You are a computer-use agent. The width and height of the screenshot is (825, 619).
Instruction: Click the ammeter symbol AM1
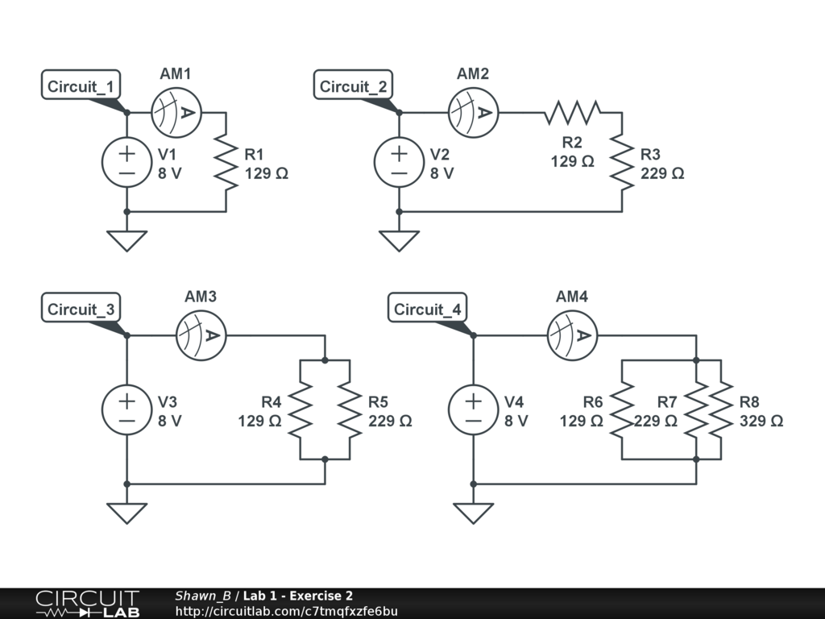tap(176, 112)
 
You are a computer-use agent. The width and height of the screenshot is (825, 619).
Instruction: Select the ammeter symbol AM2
tap(473, 112)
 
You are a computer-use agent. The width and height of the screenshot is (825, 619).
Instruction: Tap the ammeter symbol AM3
tap(201, 334)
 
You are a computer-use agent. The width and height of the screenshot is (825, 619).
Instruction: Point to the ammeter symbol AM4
tap(571, 334)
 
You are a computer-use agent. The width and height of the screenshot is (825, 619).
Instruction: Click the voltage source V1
tap(126, 162)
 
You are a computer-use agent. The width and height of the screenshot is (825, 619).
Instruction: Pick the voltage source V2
tap(399, 162)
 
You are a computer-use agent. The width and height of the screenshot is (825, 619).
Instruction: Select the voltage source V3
tap(126, 409)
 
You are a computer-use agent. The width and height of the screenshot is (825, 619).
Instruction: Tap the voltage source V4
tap(473, 409)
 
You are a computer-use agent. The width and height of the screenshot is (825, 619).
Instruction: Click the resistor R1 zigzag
tap(226, 162)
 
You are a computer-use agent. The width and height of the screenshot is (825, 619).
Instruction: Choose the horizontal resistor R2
tap(572, 112)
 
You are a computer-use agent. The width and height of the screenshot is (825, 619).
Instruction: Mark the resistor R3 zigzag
tap(622, 162)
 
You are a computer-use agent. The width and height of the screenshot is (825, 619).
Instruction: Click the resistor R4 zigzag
tap(301, 409)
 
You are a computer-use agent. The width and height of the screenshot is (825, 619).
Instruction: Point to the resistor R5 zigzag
tap(350, 409)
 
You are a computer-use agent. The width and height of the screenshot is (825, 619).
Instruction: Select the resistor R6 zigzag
tap(622, 409)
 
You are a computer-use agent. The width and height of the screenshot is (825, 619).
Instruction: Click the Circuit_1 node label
tap(82, 86)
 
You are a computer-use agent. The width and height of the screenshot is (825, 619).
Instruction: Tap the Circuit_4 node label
tap(429, 309)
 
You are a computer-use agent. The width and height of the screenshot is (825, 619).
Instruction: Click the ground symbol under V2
tap(399, 240)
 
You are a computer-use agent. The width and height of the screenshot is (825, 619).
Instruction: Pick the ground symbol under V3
tap(126, 513)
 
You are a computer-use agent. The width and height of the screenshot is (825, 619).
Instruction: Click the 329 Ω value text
tap(761, 420)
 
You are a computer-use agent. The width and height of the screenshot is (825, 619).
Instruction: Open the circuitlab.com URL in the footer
tap(286, 612)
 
